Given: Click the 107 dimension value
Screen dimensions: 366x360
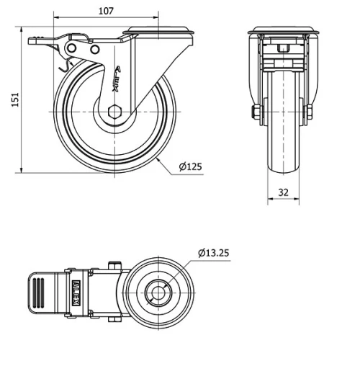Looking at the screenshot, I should (x=106, y=11).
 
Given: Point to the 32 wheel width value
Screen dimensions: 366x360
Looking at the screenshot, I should (x=282, y=192).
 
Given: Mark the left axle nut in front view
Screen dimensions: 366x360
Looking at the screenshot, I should (x=256, y=112).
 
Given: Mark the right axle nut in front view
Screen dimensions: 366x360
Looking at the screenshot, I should (x=310, y=112).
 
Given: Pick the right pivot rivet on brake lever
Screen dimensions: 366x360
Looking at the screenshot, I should (x=94, y=48).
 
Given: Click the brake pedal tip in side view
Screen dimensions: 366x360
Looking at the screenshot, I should (x=32, y=41).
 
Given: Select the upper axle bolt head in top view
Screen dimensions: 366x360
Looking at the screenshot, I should (x=113, y=266).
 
